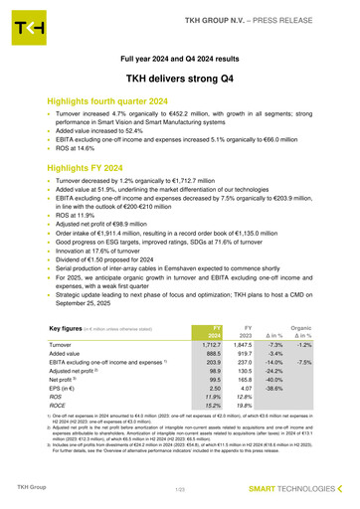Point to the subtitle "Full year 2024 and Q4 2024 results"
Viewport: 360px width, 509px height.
179,58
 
